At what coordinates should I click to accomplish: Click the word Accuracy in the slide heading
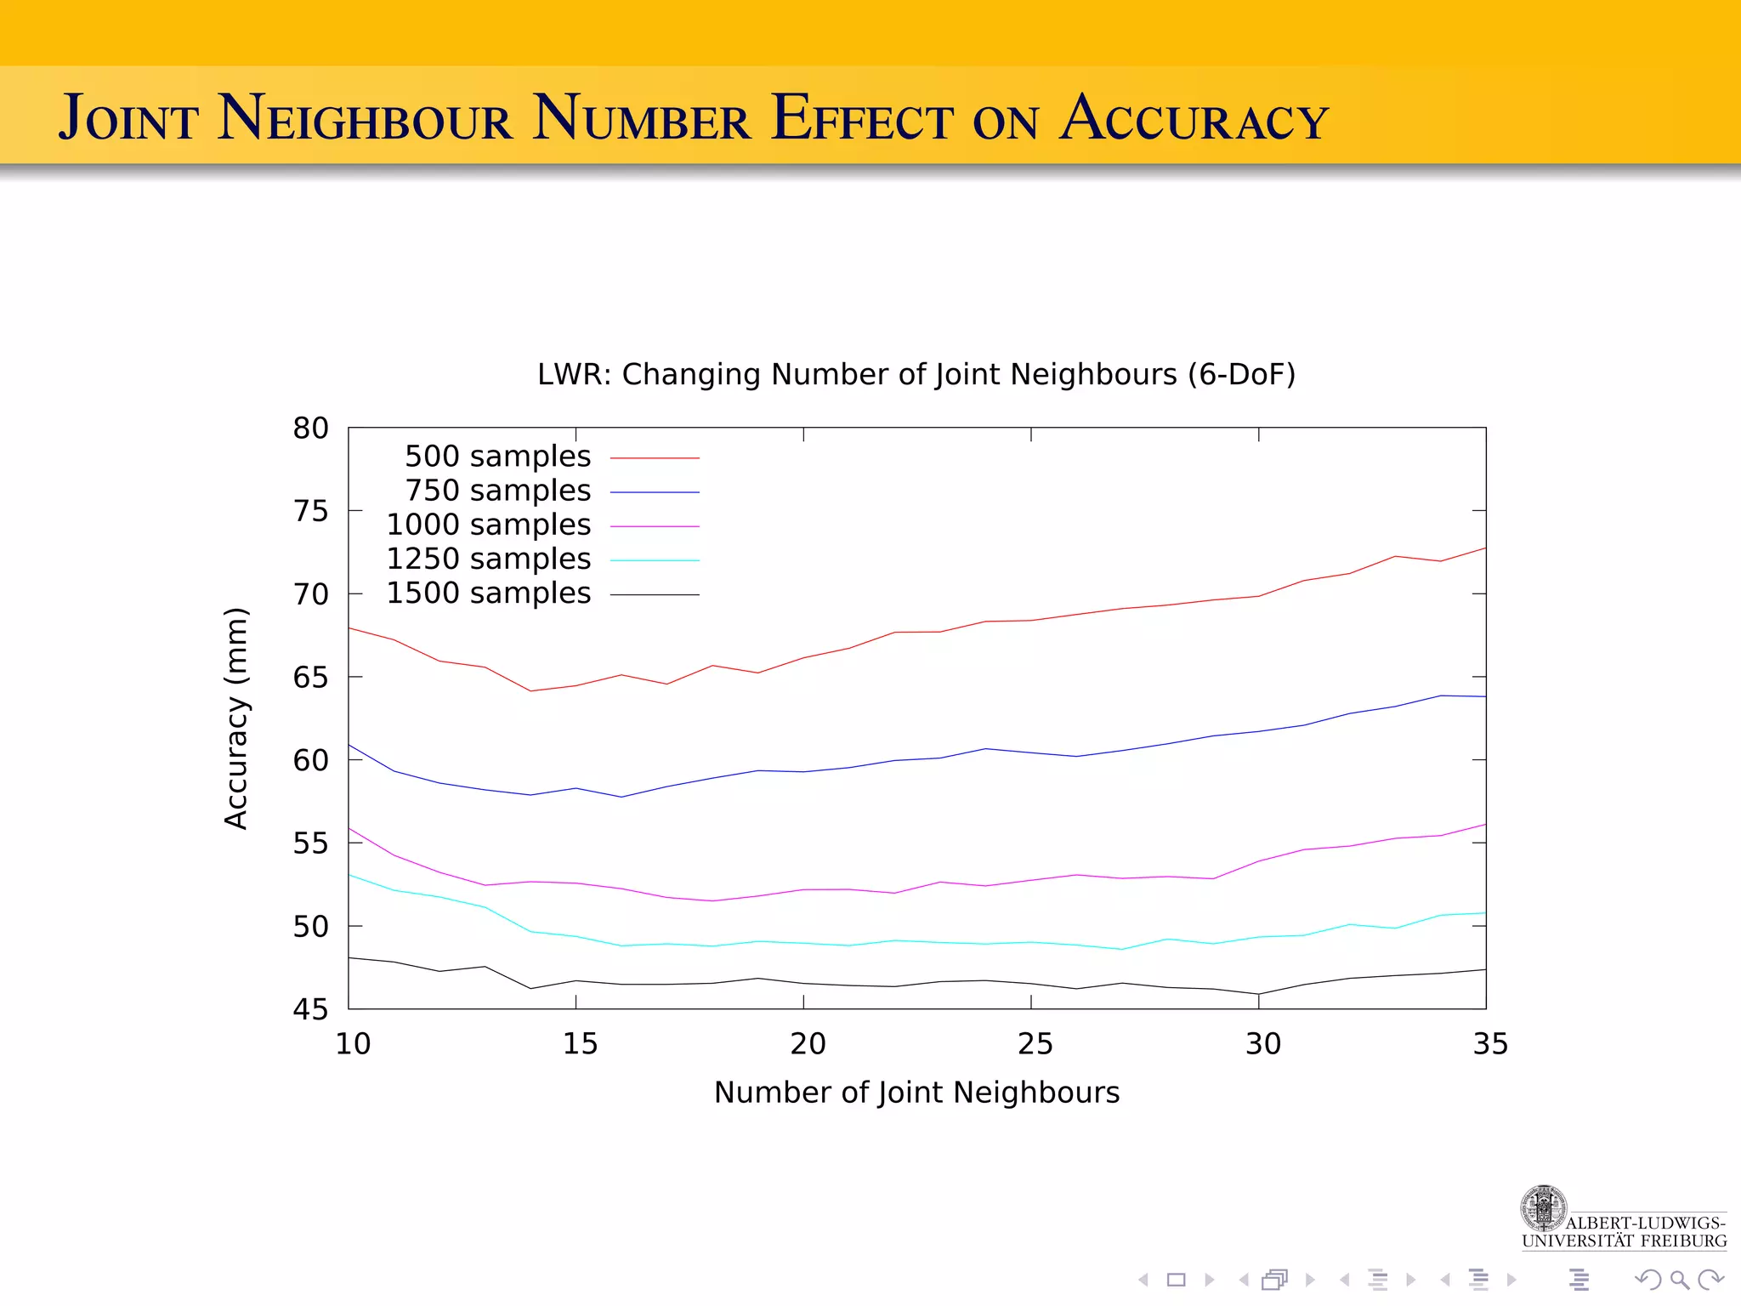[1194, 118]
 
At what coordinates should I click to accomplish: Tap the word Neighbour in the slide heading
[366, 118]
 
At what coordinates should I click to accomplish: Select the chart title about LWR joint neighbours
[916, 374]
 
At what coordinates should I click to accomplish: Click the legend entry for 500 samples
[497, 457]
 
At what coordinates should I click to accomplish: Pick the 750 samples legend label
[497, 491]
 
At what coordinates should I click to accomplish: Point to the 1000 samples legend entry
[488, 525]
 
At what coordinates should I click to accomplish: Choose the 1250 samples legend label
[488, 559]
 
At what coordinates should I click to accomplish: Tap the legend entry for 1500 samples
[488, 593]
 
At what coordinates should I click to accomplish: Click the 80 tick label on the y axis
[310, 428]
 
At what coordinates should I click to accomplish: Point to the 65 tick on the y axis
[310, 678]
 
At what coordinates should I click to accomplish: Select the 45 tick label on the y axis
[310, 1010]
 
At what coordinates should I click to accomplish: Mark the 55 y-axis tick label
[310, 843]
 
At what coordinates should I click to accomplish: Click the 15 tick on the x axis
[580, 1044]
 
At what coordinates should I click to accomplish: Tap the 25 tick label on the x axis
[1035, 1044]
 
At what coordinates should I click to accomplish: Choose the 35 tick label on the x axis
[1490, 1044]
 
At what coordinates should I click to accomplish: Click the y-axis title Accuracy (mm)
[235, 718]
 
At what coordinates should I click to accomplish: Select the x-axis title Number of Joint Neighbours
[916, 1093]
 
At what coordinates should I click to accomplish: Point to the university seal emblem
[1543, 1208]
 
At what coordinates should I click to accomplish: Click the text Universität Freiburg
[1624, 1241]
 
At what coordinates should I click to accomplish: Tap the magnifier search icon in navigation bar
[1679, 1280]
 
